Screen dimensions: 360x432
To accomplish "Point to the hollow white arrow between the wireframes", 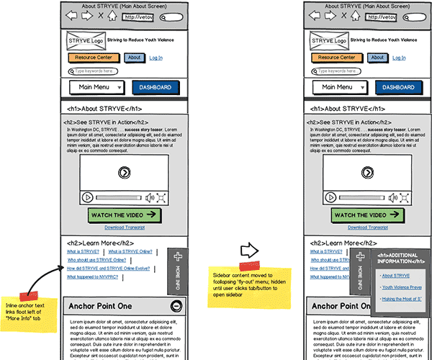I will [x=248, y=251].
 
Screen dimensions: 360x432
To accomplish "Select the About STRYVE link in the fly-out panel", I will [x=394, y=276].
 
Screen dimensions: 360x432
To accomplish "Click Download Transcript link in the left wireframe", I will [x=125, y=227].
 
